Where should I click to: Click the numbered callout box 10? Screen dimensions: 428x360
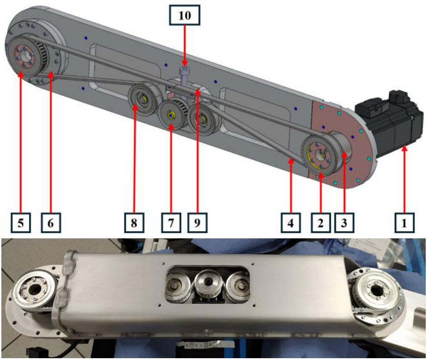pos(185,15)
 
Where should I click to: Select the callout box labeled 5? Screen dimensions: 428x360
pos(21,223)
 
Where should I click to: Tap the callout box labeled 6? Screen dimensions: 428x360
pos(51,223)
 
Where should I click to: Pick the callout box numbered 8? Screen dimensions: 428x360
pos(134,223)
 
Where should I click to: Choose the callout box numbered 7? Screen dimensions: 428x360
pos(171,223)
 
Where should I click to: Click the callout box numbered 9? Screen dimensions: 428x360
pos(197,223)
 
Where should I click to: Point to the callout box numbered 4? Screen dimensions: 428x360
pos(291,223)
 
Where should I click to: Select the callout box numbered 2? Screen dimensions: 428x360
pos(321,223)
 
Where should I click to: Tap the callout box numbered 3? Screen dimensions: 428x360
pos(344,223)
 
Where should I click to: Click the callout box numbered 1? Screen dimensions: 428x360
pos(404,223)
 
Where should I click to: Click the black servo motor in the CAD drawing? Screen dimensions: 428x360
pos(389,123)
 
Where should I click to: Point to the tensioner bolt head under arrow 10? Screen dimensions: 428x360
pos(184,71)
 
